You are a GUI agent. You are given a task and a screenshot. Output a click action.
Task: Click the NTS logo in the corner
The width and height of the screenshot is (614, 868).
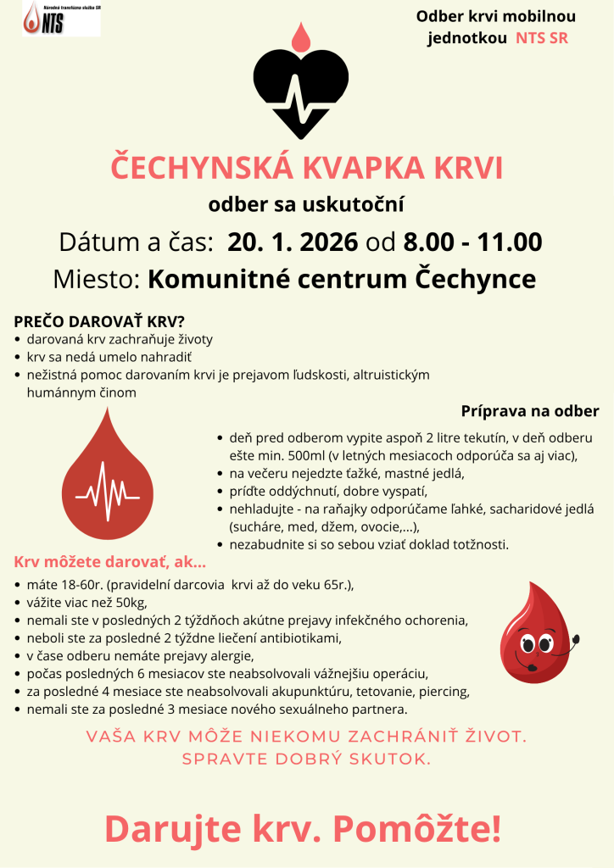click(60, 19)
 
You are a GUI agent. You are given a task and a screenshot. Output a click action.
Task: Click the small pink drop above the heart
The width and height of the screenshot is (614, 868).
click(301, 36)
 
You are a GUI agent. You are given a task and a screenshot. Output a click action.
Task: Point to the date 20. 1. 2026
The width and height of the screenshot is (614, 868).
click(293, 242)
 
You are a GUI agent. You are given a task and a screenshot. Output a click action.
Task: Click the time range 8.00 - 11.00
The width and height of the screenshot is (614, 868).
click(472, 242)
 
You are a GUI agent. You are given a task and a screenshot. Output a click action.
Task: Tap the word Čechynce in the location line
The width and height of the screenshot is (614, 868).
click(468, 279)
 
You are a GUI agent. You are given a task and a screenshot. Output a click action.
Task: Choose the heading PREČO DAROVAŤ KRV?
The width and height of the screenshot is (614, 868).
click(99, 323)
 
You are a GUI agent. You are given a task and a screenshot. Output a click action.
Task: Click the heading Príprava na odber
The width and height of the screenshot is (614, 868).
click(530, 411)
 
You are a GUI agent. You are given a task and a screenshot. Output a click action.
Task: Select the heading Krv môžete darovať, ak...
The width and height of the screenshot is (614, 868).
click(110, 562)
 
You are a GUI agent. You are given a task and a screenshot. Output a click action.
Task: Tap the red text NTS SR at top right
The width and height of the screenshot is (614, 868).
click(542, 38)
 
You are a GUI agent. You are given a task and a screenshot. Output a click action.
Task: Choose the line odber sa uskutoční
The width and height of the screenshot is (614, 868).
click(306, 204)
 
